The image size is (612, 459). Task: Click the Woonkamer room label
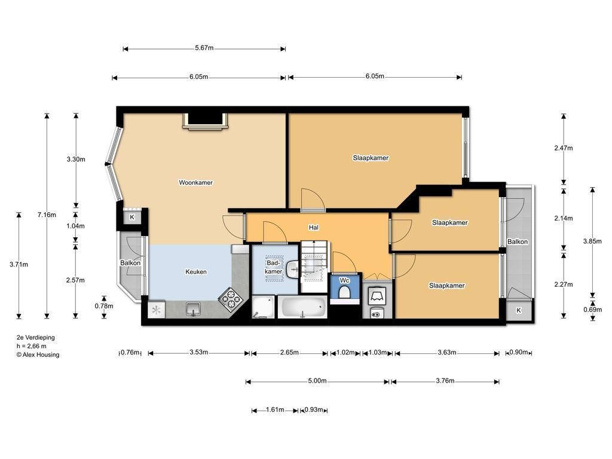coord(195,182)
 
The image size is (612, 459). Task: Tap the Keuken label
coord(196,272)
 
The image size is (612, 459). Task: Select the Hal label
coord(313,227)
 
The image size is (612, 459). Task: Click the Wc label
coord(344,280)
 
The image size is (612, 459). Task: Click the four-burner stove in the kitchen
coord(231,299)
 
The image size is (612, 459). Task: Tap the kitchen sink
coord(193,309)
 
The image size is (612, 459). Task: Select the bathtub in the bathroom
coord(302,307)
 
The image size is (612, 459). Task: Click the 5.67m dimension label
coord(204,48)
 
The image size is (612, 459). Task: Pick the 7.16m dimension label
coord(47,215)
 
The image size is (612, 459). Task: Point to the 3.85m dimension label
coord(592,241)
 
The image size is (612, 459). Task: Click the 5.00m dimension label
coord(317,381)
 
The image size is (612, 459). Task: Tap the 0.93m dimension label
coord(314,410)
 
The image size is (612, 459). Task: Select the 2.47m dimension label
coord(564,148)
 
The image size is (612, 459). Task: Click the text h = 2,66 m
coord(31,346)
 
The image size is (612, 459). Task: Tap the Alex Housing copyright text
coord(38,355)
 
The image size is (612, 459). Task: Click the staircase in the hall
coord(314,266)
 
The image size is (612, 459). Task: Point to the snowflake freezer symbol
coord(156,310)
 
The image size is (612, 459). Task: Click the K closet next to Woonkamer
coord(132,217)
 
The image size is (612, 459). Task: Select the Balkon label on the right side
coord(518,241)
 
